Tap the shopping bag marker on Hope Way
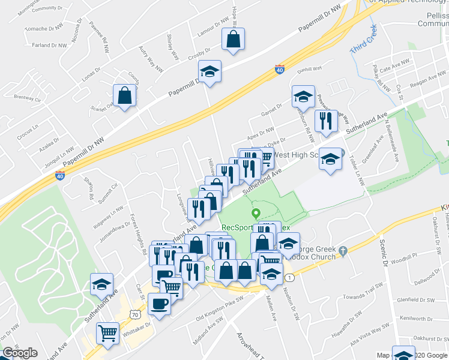pyautogui.click(x=233, y=40)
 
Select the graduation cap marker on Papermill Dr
pyautogui.click(x=209, y=72)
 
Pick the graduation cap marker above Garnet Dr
pyautogui.click(x=303, y=97)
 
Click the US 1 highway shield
pyautogui.click(x=290, y=277)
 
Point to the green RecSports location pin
pyautogui.click(x=256, y=213)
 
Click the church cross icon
pyautogui.click(x=342, y=250)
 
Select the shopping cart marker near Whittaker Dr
pyautogui.click(x=108, y=332)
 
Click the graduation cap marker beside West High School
pyautogui.click(x=329, y=159)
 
